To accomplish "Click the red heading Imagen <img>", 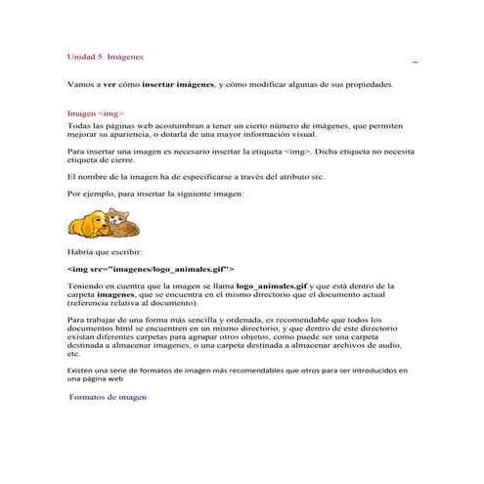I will (x=95, y=113).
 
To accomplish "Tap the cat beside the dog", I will (x=118, y=221).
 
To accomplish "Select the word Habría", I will (x=82, y=252).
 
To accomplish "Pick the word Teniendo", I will (x=88, y=286).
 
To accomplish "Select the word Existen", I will (x=84, y=371).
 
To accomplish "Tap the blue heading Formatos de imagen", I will (x=108, y=398).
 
